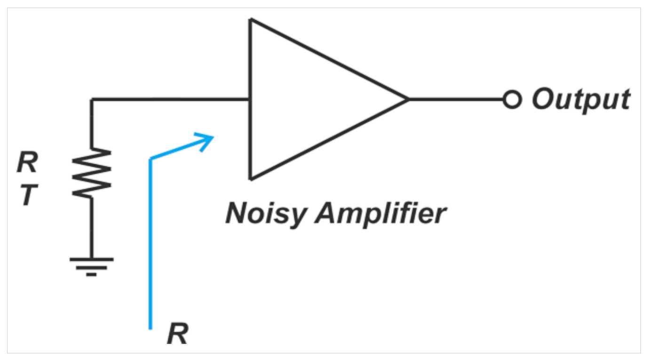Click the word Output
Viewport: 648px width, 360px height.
coord(580,100)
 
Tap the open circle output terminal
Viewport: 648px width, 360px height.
coord(512,100)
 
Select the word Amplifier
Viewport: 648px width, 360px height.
coord(380,214)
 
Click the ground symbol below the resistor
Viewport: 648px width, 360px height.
coord(92,265)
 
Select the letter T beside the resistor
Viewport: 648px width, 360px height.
coord(28,196)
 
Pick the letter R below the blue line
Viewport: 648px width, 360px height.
coord(177,335)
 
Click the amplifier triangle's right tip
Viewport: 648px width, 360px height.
coord(407,99)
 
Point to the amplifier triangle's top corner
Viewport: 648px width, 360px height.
coord(251,20)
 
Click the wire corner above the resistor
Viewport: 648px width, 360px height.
coord(92,99)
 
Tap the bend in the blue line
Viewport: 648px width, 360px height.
coord(150,160)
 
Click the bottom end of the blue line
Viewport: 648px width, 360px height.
coord(150,328)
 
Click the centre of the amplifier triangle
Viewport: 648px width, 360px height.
coord(306,99)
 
